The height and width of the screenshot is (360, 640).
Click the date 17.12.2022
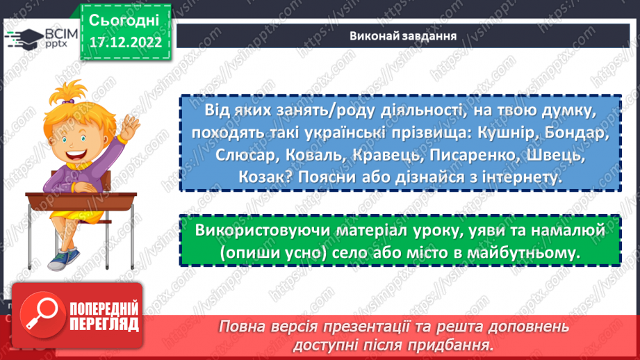click(x=125, y=42)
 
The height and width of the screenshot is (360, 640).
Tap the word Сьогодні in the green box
click(x=125, y=18)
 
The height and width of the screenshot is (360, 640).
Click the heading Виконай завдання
click(x=402, y=36)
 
